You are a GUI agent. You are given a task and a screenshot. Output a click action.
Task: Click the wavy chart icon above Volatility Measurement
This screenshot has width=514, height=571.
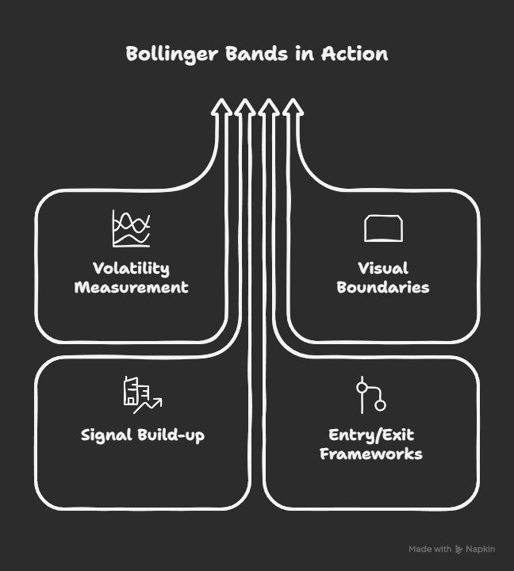(131, 229)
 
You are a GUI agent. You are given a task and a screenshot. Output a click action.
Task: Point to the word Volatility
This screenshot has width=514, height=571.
(131, 268)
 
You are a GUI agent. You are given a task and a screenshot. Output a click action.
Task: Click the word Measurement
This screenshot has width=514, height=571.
(131, 287)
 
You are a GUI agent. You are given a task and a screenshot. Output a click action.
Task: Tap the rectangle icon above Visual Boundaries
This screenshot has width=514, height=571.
(383, 228)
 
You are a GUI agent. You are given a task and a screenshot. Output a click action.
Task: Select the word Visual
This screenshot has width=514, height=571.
(383, 268)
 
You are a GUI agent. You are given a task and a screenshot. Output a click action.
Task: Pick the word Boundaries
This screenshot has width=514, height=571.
(383, 287)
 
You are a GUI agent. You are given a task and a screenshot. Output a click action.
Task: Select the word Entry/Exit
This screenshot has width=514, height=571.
(371, 435)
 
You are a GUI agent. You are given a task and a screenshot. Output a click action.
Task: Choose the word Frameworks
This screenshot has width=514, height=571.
(371, 454)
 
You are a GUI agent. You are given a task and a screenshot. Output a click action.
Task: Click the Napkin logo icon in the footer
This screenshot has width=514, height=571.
(459, 550)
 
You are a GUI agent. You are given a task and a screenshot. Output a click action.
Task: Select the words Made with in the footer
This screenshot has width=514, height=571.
(430, 550)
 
